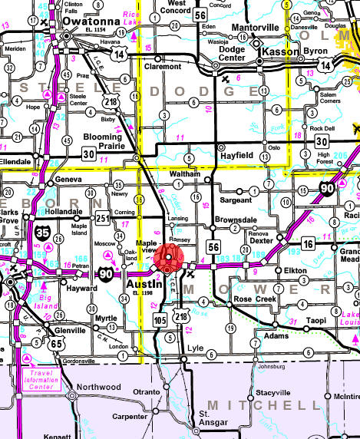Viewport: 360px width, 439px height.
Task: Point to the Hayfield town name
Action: click(x=244, y=154)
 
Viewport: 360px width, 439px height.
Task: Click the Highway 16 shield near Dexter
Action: click(x=307, y=243)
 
